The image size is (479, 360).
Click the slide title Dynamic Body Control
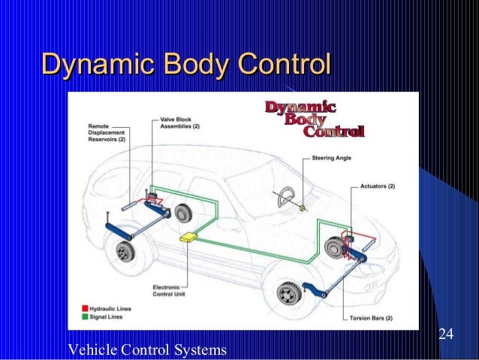(185, 65)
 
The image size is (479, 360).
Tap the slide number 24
(446, 334)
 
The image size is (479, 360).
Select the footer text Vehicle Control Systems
(147, 349)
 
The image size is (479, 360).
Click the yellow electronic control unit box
(187, 237)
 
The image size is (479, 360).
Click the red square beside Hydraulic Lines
(85, 309)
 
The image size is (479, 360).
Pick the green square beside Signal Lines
(85, 318)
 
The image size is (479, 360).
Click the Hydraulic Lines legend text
(110, 309)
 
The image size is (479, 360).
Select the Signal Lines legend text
(106, 318)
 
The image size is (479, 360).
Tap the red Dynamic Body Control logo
(314, 120)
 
